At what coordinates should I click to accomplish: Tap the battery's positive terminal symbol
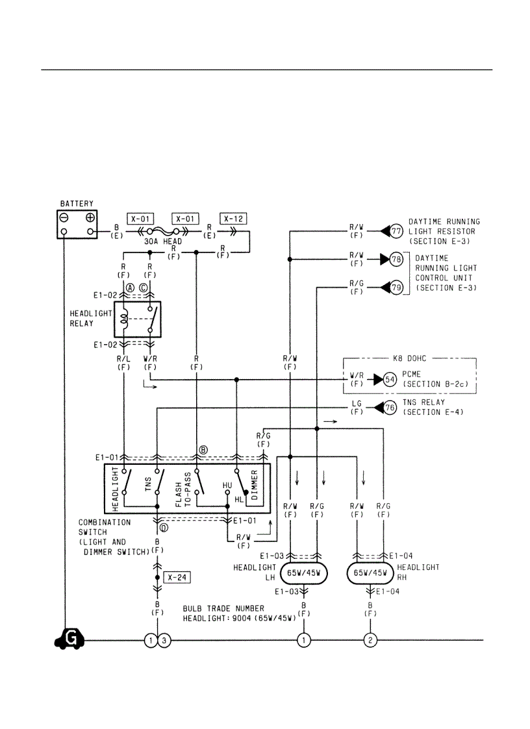point(90,218)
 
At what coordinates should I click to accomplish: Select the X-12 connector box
point(234,218)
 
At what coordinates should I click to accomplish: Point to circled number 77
point(396,231)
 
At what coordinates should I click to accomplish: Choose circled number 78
point(396,259)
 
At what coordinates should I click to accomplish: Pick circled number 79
point(396,286)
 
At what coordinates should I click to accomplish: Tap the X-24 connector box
point(177,576)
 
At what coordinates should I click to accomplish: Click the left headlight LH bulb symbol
point(303,574)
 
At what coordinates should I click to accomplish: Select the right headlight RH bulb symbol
point(370,574)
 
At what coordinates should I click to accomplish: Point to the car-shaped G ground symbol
point(69,639)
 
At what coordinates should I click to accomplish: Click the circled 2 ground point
point(370,641)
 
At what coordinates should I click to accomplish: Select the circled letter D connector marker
point(164,528)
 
